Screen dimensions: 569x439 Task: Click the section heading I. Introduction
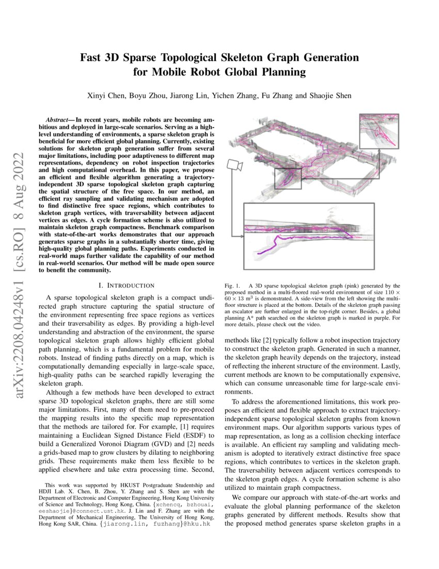pyautogui.click(x=126, y=285)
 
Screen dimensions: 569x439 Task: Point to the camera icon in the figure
pyautogui.click(x=234, y=165)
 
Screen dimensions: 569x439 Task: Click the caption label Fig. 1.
pyautogui.click(x=232, y=286)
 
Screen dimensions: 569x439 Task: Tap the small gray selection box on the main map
pyautogui.click(x=288, y=178)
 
